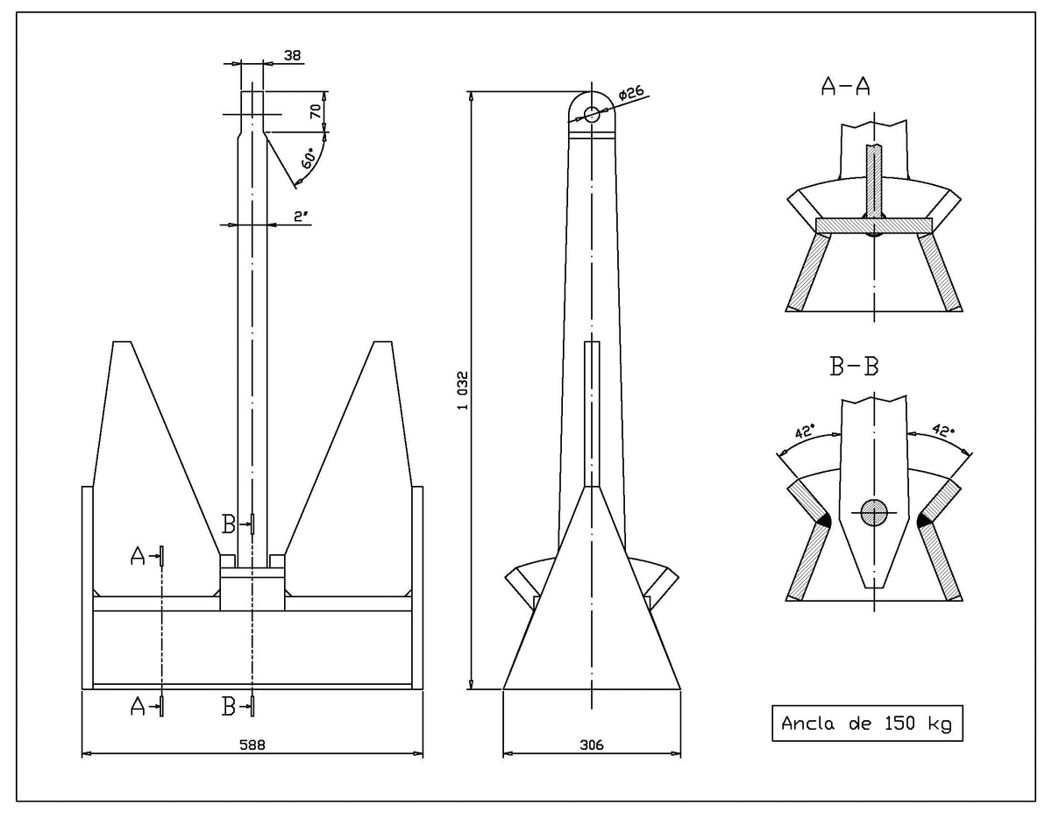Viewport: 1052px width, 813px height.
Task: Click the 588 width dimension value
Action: click(252, 743)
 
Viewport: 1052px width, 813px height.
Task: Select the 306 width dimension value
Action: click(593, 743)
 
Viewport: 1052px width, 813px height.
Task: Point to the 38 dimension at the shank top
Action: click(293, 55)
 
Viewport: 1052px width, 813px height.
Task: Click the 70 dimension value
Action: click(315, 111)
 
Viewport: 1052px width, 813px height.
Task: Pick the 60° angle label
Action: click(308, 160)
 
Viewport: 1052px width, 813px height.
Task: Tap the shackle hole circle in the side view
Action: click(592, 114)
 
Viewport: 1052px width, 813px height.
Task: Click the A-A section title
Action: click(846, 85)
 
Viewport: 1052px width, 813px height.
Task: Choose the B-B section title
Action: click(854, 367)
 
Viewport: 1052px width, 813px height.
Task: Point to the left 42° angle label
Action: click(804, 431)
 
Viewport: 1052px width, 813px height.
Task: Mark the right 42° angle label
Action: click(942, 431)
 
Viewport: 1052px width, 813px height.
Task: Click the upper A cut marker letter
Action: click(138, 555)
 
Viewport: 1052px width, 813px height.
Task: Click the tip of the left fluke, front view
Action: click(122, 343)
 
